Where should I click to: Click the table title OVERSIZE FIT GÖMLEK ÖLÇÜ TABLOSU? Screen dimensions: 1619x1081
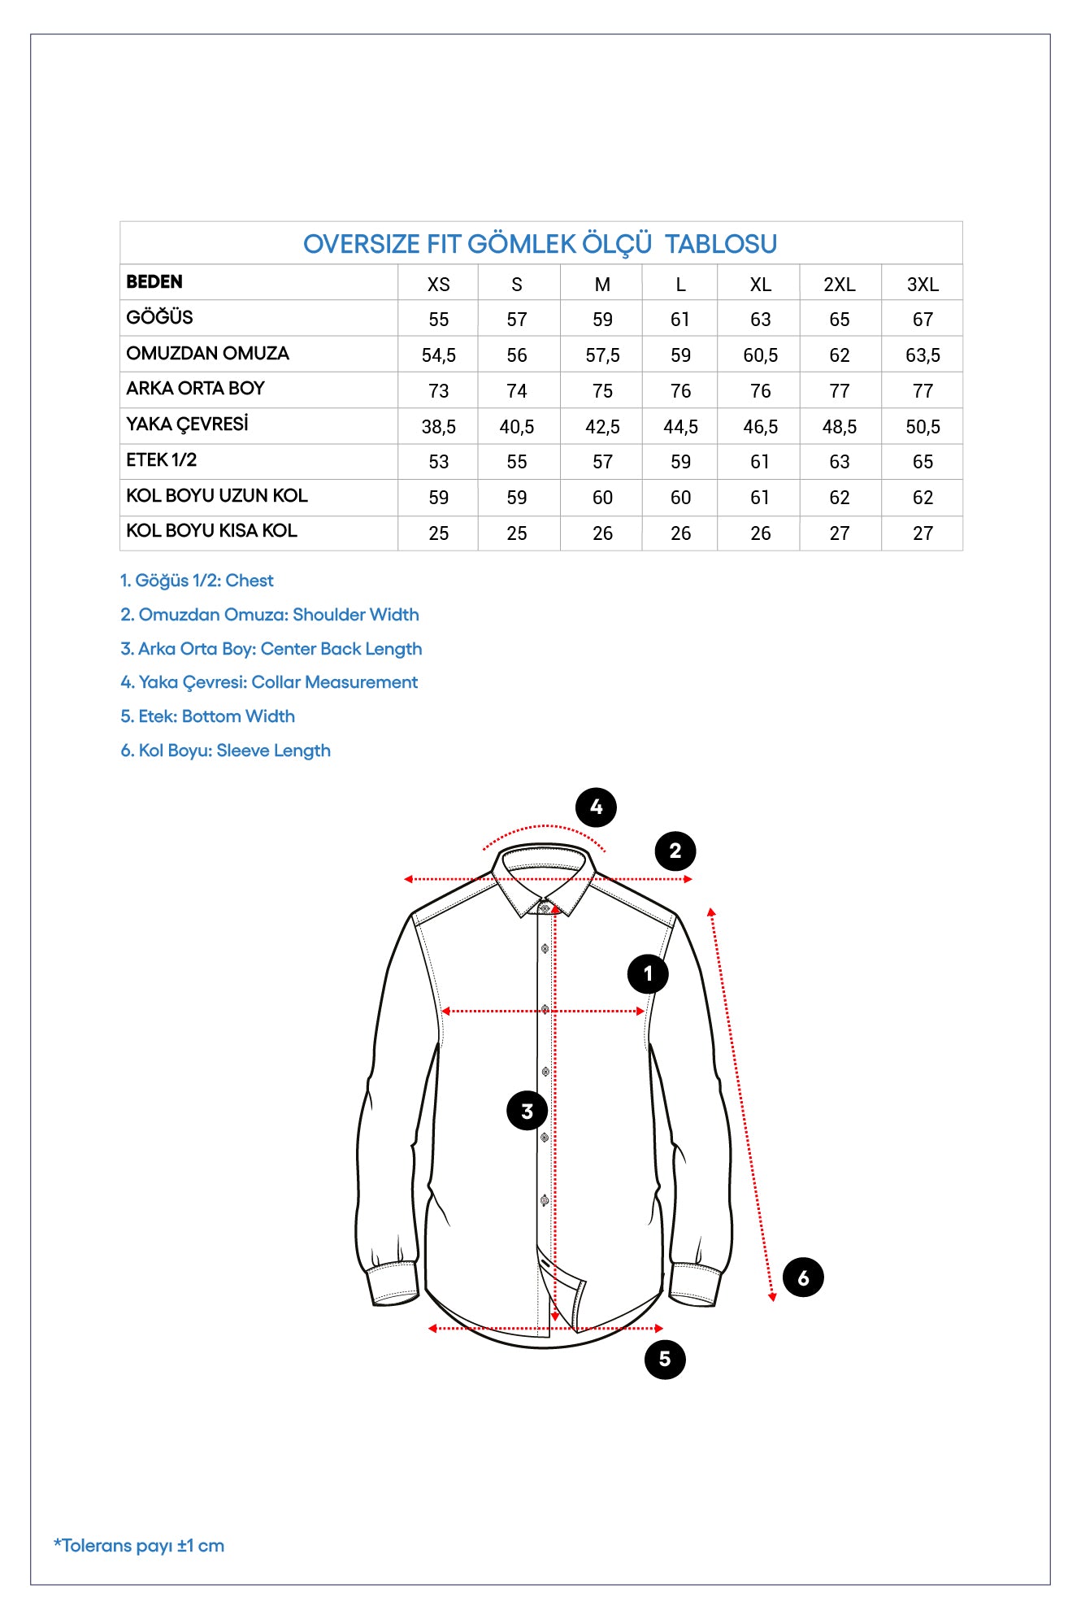(540, 244)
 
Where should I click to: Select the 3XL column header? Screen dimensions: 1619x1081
(923, 285)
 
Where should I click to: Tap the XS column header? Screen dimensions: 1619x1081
(438, 285)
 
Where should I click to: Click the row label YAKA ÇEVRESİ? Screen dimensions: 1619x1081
(187, 424)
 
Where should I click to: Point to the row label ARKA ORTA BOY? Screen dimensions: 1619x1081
(195, 389)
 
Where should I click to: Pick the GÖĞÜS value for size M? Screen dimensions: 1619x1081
(602, 320)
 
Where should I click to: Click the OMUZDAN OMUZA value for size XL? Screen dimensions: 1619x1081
(760, 355)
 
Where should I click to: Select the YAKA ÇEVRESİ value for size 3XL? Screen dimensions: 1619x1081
(923, 427)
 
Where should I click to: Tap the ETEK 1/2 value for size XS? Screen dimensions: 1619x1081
(438, 462)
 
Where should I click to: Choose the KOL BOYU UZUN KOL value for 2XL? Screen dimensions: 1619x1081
(839, 498)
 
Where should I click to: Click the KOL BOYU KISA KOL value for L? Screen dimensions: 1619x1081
(680, 533)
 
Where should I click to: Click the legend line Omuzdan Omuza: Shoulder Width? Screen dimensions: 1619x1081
(270, 615)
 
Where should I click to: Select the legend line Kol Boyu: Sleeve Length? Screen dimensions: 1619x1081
(226, 751)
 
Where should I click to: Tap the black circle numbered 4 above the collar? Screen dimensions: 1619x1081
(596, 807)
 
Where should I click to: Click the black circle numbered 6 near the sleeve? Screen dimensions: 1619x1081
(803, 1277)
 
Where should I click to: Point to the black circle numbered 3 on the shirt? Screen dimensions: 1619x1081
(527, 1111)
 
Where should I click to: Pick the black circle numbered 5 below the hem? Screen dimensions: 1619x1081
(665, 1359)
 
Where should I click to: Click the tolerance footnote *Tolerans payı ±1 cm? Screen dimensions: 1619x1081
(139, 1546)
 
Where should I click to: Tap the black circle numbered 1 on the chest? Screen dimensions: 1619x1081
(648, 973)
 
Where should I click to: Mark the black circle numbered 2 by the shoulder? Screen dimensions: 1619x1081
(675, 851)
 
